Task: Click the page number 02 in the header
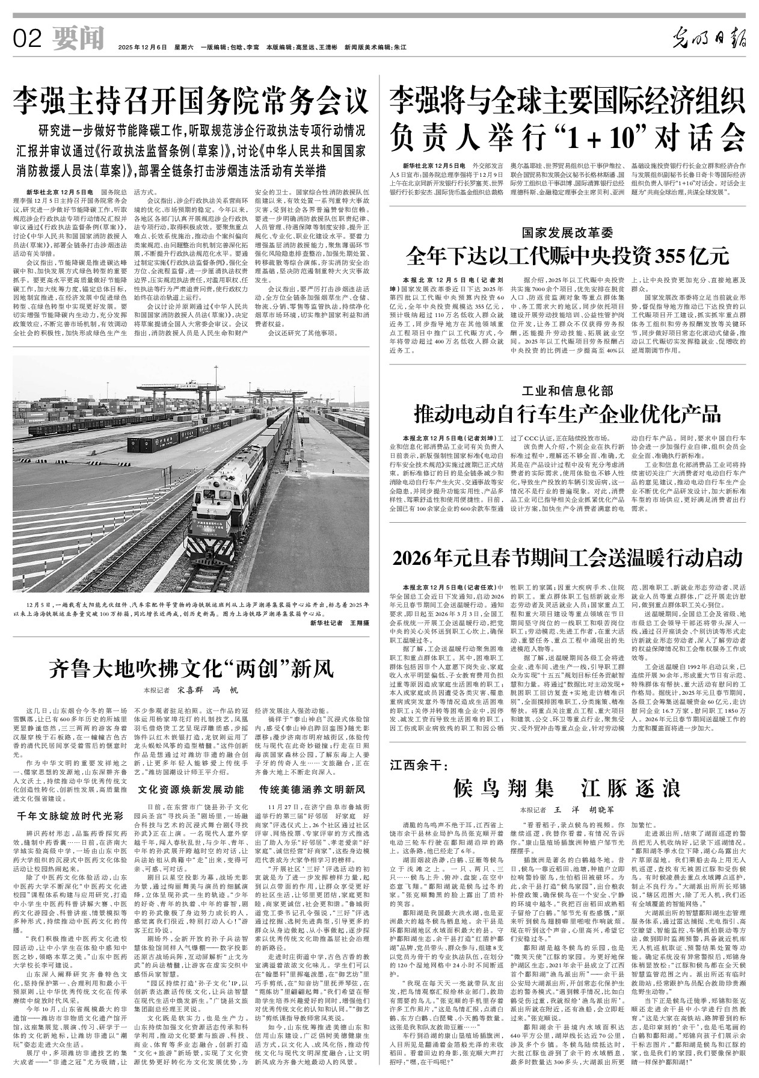(x=28, y=39)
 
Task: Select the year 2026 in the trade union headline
(x=414, y=558)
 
